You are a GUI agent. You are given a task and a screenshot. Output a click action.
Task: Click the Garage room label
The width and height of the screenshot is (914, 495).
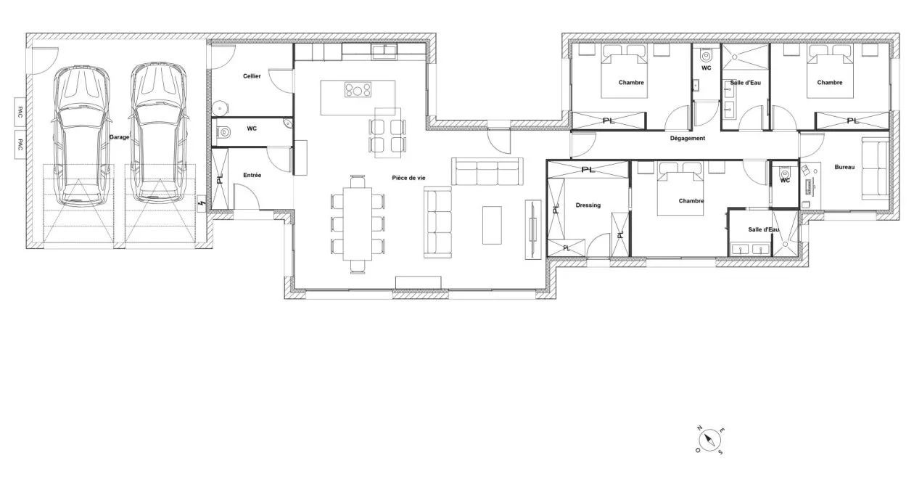(x=120, y=136)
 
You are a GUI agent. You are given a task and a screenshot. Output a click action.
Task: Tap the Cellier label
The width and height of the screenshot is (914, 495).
(x=252, y=76)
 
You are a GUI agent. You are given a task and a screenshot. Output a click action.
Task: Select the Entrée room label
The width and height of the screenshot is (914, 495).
(x=252, y=175)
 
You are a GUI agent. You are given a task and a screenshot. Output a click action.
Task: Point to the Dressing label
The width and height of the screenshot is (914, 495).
(x=588, y=205)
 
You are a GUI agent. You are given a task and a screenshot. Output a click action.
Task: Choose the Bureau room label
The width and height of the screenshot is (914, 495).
(x=844, y=168)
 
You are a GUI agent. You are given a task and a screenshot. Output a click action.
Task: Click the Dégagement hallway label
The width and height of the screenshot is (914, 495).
(x=687, y=138)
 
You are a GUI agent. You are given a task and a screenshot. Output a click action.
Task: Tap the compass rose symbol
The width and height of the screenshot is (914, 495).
(x=710, y=440)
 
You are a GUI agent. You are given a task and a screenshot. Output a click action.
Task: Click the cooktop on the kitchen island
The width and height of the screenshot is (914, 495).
(x=358, y=90)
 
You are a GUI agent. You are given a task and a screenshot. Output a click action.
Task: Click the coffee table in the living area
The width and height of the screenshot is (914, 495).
(x=492, y=224)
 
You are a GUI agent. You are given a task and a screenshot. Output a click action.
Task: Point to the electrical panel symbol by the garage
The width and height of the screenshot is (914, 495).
(x=202, y=203)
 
